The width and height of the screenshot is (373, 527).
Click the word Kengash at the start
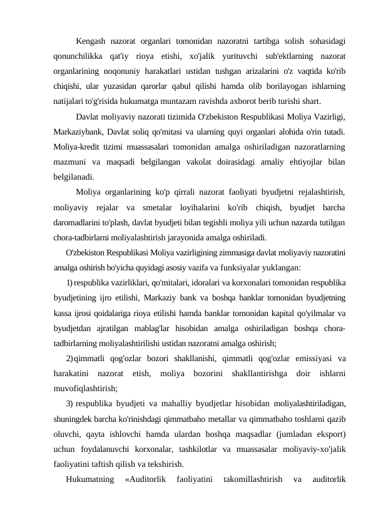click(92, 42)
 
